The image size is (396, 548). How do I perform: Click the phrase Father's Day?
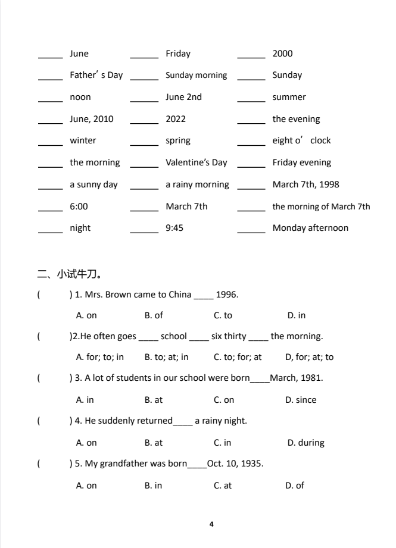[x=96, y=76]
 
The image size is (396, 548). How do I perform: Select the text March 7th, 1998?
[x=305, y=184]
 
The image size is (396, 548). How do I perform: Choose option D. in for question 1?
[x=296, y=315]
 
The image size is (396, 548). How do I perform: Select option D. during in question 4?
[x=305, y=443]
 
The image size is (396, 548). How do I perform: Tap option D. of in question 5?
[x=295, y=486]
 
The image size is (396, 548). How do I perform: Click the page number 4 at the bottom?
[x=211, y=524]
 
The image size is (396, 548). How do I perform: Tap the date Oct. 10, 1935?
[x=235, y=464]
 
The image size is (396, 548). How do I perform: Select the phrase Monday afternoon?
[x=310, y=228]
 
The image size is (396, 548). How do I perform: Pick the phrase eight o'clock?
[x=301, y=141]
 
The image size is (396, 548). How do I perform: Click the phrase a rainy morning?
[x=197, y=184]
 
